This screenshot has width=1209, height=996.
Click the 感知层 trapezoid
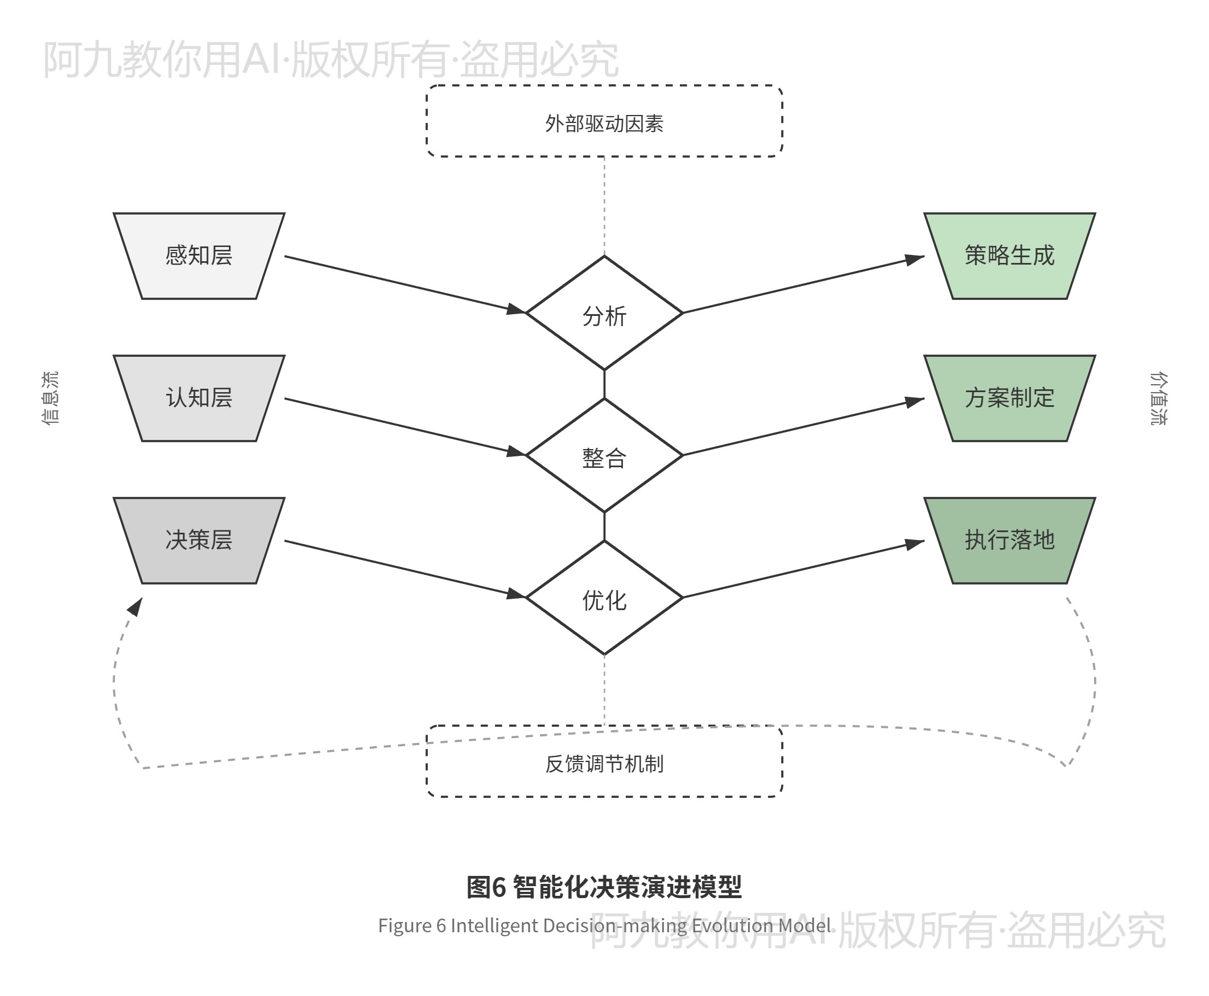point(199,256)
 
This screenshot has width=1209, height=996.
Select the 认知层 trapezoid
point(199,398)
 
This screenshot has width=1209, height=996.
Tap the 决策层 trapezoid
point(199,541)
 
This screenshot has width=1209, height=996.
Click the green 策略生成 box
point(1009,256)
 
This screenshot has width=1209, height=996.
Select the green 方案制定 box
point(1009,398)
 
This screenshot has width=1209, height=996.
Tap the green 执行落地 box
point(1009,541)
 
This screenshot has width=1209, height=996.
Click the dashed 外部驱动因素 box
point(604,122)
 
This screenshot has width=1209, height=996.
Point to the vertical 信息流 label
point(50,398)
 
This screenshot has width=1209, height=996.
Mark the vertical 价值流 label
point(1158,398)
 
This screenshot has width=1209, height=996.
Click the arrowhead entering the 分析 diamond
point(517,310)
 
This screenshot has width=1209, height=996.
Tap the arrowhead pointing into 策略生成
point(915,260)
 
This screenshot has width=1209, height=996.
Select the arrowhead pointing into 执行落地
point(915,544)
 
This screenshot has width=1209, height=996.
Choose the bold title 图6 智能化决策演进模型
point(604,887)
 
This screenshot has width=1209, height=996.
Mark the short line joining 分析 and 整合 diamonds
point(604,384)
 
